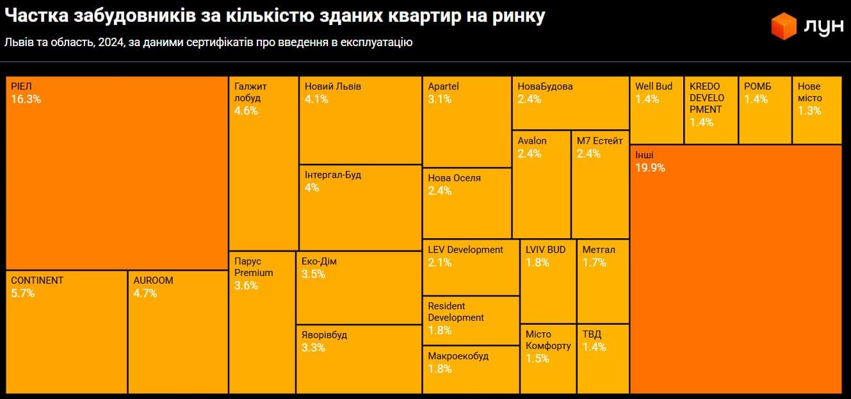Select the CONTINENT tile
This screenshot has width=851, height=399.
click(67, 332)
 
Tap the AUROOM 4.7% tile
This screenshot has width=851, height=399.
click(178, 332)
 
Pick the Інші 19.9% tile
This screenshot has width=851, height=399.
click(736, 269)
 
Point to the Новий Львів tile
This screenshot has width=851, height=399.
click(360, 120)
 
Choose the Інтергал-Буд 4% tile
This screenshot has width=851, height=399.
click(360, 208)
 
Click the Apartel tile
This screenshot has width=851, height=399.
click(467, 121)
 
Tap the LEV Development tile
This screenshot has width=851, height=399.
click(471, 267)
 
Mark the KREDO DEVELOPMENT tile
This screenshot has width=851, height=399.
click(710, 110)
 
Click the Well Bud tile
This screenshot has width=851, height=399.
click(657, 110)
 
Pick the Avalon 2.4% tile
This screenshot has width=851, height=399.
click(541, 184)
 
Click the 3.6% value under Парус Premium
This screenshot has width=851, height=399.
click(246, 286)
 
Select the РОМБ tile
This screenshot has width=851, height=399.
click(765, 110)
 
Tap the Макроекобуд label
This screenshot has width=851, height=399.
click(458, 356)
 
